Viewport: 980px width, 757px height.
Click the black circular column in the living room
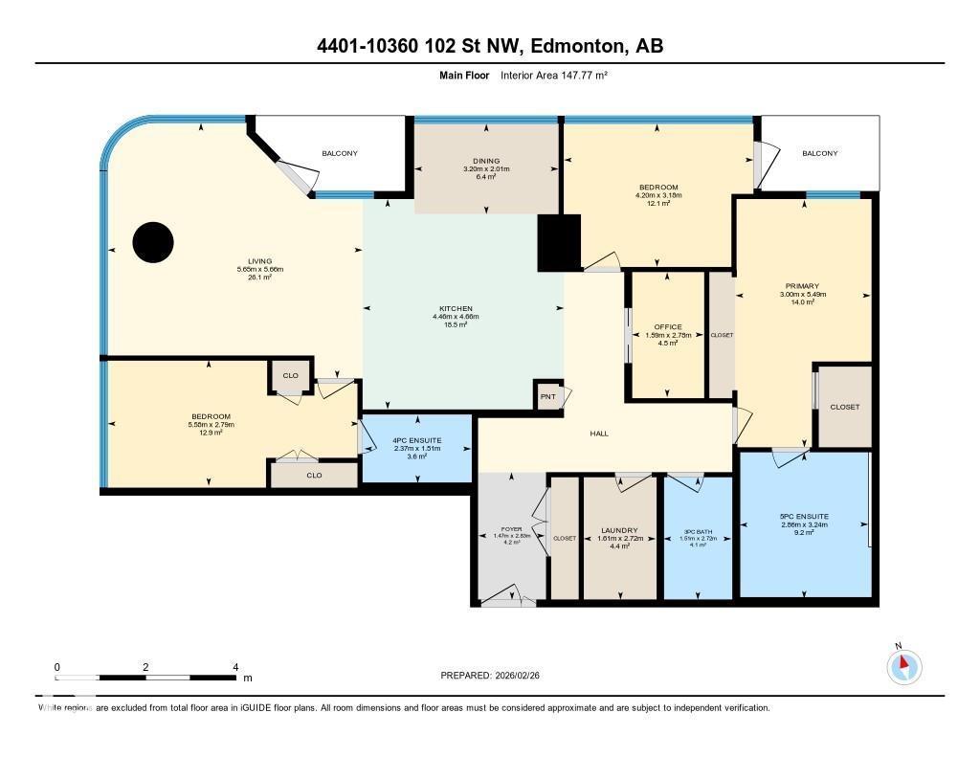[x=153, y=242]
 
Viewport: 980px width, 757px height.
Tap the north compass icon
[x=902, y=666]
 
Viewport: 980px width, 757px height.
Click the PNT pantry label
[x=547, y=396]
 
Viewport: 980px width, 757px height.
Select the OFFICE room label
[x=668, y=327]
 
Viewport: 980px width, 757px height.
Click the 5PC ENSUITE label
[x=804, y=516]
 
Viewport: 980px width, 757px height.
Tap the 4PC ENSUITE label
[x=414, y=440]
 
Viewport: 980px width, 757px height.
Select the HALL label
[x=599, y=434]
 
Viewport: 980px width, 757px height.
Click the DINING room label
[x=486, y=161]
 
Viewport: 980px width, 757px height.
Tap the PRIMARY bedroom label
[x=802, y=286]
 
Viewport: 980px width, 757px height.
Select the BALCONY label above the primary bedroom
[x=819, y=153]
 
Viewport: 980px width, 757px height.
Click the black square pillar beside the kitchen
[x=560, y=242]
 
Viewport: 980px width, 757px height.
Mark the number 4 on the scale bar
[x=235, y=666]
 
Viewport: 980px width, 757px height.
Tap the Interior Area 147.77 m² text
[x=554, y=75]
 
